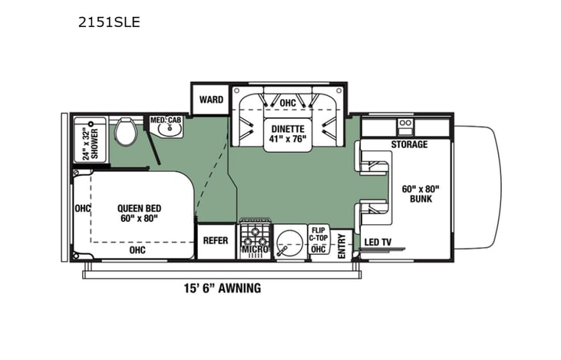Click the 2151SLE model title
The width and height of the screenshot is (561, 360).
108,22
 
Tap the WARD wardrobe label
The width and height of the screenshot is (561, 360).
211,100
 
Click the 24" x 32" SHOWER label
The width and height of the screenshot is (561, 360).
90,142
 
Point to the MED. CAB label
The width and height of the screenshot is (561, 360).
164,120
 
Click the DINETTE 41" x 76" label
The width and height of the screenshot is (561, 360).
288,134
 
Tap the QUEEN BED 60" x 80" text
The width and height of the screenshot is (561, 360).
138,213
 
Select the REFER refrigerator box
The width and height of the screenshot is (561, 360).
215,240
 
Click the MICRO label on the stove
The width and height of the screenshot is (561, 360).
254,249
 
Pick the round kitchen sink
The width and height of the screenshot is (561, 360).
289,243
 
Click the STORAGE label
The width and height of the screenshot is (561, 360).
409,144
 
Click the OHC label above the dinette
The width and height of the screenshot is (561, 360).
288,102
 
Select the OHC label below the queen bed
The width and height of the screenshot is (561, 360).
137,249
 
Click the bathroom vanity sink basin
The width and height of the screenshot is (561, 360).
167,131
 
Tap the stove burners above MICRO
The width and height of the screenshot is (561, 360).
254,233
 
